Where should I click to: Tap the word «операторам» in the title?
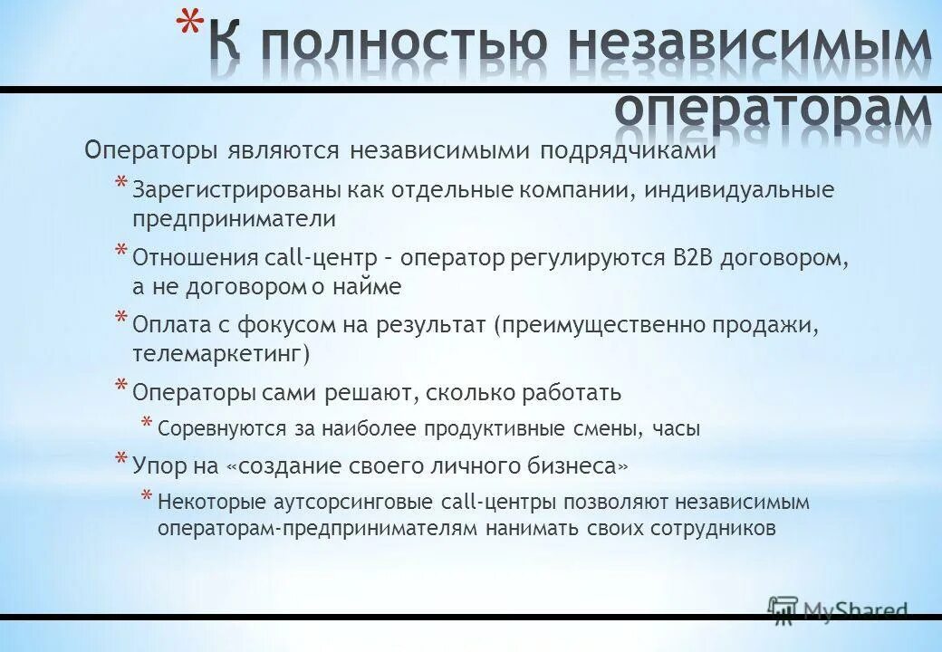pos(772,107)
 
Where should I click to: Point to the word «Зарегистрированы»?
pos(218,192)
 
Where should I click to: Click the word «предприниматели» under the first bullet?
pos(234,219)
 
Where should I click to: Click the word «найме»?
pos(371,287)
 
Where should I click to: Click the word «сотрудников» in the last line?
pos(712,528)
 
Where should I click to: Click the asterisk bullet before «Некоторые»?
pos(146,499)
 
